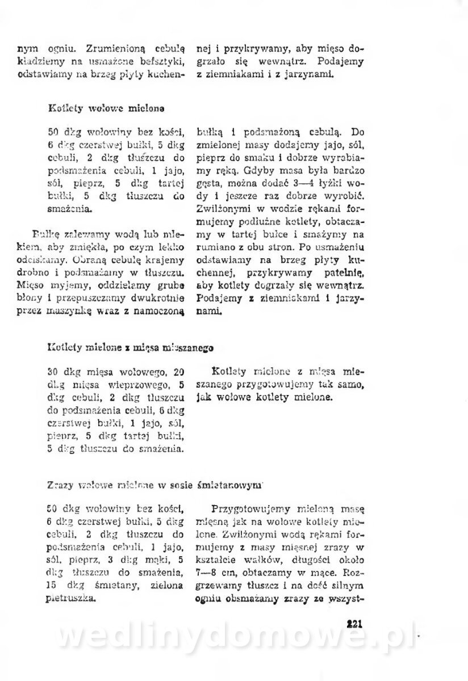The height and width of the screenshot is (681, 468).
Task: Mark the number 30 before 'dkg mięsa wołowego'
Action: (55, 372)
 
